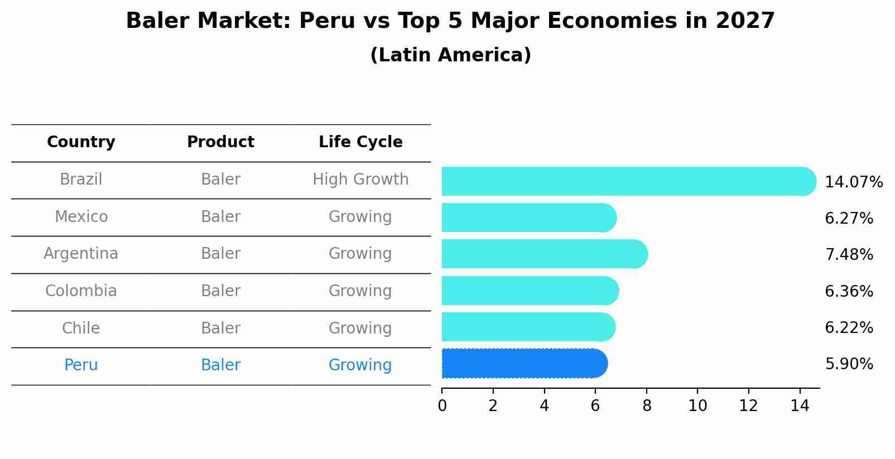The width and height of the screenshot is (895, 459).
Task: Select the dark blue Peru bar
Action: click(x=525, y=364)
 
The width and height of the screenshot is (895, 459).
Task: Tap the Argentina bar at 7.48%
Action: click(x=545, y=254)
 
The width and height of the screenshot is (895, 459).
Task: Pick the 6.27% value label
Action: click(x=849, y=219)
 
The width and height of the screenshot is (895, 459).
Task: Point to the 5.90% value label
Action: click(x=849, y=364)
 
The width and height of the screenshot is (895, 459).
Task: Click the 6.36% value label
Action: click(x=849, y=292)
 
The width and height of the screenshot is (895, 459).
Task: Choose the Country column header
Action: click(x=81, y=142)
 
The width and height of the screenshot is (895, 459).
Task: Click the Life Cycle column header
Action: click(x=360, y=142)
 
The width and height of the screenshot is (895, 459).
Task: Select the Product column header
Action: click(x=220, y=142)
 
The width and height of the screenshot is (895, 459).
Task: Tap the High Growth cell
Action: click(x=360, y=180)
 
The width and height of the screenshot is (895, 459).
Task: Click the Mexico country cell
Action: click(x=81, y=216)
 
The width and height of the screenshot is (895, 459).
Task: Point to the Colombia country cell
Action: click(x=81, y=291)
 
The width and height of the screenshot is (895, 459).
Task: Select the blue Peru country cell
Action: click(x=81, y=365)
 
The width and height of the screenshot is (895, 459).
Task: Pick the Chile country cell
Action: click(x=81, y=328)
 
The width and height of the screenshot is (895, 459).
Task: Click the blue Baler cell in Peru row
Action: click(x=220, y=365)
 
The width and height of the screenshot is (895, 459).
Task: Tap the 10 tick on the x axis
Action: click(x=697, y=406)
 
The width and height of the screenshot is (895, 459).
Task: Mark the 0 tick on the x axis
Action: click(x=442, y=406)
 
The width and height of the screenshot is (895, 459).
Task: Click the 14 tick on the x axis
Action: click(x=800, y=406)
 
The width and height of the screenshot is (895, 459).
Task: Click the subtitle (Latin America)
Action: click(x=450, y=55)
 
